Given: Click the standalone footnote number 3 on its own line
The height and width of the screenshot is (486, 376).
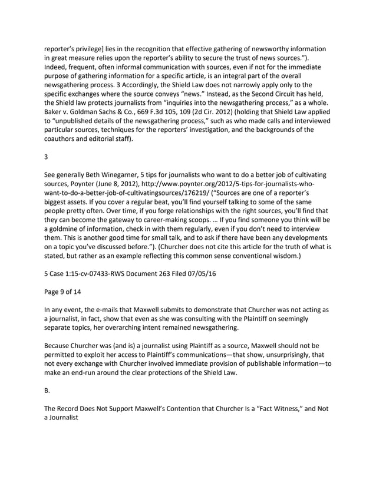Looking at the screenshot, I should (x=46, y=157).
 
